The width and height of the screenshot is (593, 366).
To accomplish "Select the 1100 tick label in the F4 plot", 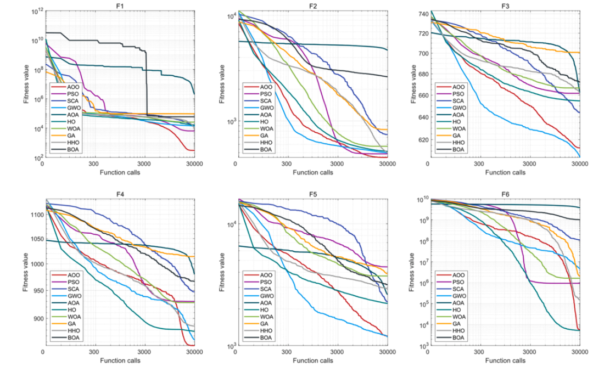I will click(x=34, y=215).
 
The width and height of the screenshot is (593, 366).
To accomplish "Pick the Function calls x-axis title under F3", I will click(x=505, y=172).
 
